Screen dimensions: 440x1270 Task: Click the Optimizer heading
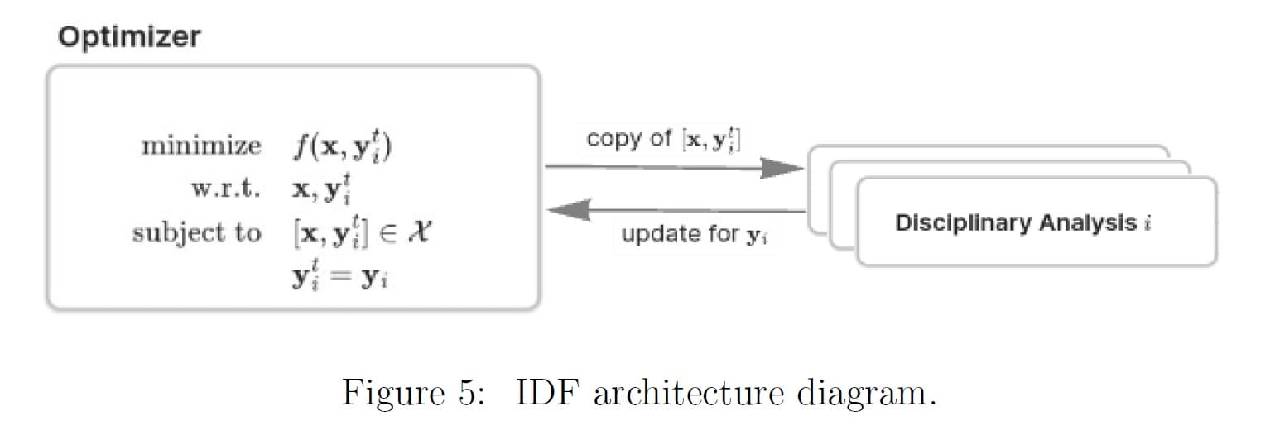point(128,38)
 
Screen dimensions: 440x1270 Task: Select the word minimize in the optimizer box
point(201,147)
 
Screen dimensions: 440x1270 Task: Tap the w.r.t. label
point(225,189)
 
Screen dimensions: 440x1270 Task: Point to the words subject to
point(196,233)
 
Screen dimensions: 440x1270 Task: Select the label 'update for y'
point(696,235)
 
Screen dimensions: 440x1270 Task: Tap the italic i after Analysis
point(1147,222)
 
